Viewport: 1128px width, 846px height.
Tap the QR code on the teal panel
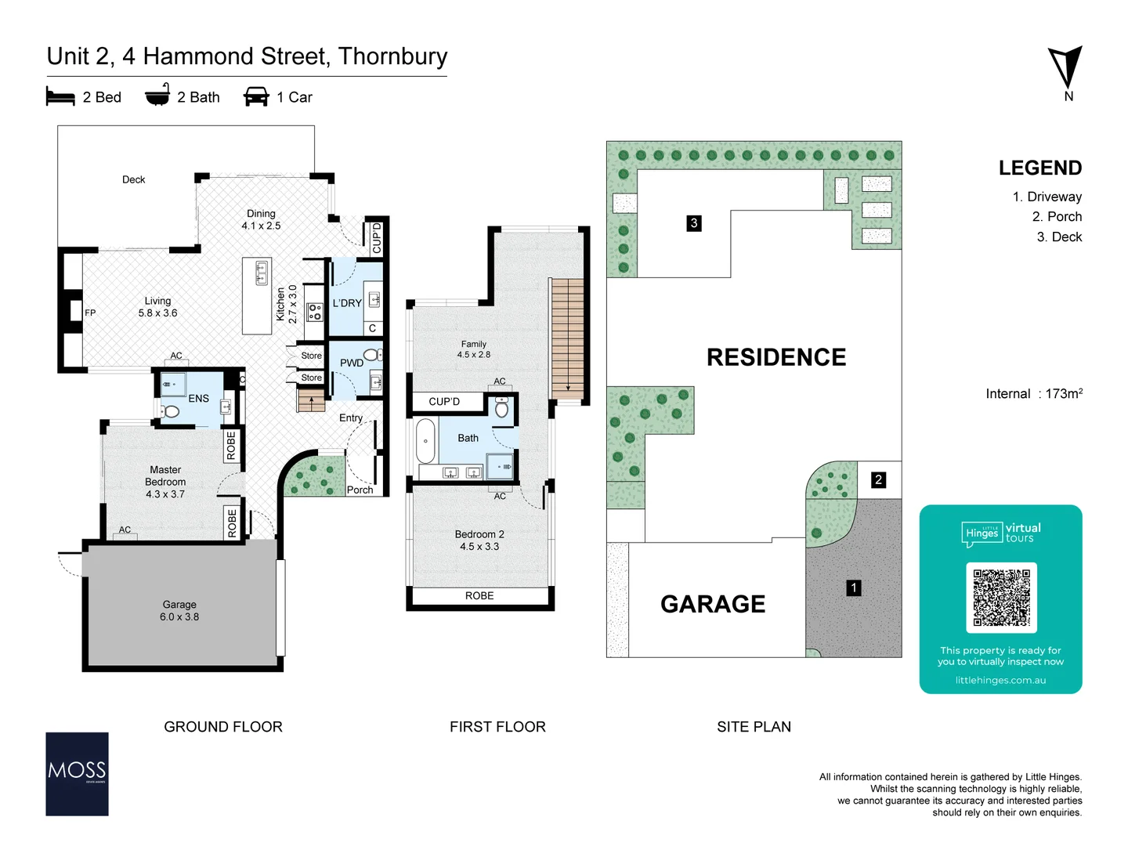[x=1001, y=597]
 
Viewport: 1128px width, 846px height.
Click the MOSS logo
[x=77, y=774]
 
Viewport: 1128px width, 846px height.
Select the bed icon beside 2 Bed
[x=60, y=97]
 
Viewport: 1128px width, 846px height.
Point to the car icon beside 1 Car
[x=256, y=97]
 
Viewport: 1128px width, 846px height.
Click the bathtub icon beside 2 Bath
[x=157, y=96]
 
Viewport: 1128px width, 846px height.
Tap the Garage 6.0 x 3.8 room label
[x=179, y=611]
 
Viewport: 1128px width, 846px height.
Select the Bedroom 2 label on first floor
[x=479, y=540]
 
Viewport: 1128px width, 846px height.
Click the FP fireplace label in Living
[x=90, y=313]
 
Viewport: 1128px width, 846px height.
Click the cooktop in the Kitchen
[x=315, y=312]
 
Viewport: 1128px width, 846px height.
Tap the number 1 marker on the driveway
[x=854, y=587]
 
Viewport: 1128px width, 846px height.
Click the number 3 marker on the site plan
[x=693, y=223]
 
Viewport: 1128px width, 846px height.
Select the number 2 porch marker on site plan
[x=878, y=479]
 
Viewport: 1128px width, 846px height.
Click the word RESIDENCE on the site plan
[x=775, y=357]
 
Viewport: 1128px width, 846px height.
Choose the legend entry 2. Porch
[x=1057, y=217]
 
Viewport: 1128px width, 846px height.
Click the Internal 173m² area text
[x=1033, y=394]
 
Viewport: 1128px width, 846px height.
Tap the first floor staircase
[x=568, y=337]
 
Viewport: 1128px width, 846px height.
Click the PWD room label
[x=351, y=363]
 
